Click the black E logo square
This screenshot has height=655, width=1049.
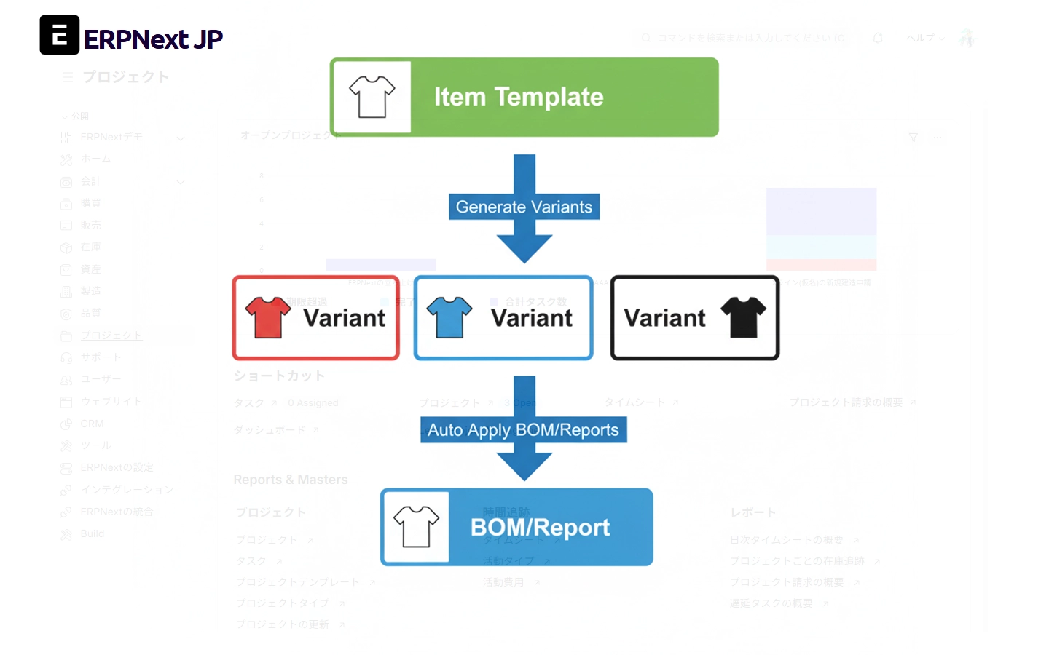click(x=59, y=35)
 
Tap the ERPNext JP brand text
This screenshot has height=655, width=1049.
click(x=153, y=39)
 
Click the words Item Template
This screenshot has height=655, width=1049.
click(x=519, y=97)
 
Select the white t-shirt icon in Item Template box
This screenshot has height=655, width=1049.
click(x=372, y=97)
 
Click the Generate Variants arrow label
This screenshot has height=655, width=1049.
click(x=524, y=207)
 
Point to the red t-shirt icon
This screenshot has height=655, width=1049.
click(x=268, y=318)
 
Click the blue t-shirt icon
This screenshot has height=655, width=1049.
click(x=449, y=318)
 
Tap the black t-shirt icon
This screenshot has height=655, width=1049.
click(x=743, y=317)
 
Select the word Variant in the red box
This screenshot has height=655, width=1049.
click(x=344, y=318)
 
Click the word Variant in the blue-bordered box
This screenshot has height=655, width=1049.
click(x=532, y=318)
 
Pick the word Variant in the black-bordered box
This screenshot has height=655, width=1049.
click(x=664, y=318)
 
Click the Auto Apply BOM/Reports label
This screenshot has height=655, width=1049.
click(x=523, y=430)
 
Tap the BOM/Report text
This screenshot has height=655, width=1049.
click(x=540, y=527)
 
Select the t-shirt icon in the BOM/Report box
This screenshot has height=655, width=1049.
click(x=416, y=527)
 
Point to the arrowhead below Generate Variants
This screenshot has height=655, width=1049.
click(x=524, y=248)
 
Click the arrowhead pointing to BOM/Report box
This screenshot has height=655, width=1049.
click(x=524, y=466)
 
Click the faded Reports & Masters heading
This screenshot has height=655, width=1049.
click(x=291, y=480)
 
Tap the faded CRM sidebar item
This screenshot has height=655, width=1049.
click(x=92, y=424)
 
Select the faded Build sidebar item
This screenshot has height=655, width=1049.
click(x=92, y=533)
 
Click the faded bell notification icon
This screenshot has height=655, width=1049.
click(x=878, y=38)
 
